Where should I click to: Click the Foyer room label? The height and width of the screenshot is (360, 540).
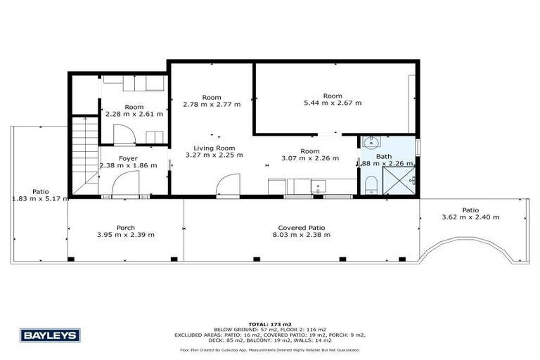click(x=128, y=158)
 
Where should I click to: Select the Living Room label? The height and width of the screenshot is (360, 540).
click(x=214, y=148)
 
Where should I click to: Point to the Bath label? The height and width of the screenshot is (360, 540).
click(x=384, y=156)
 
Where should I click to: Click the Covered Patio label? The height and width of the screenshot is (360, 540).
click(x=301, y=227)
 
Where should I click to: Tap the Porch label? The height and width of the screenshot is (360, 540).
click(x=126, y=227)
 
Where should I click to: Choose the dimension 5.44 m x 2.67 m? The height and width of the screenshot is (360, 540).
click(x=333, y=103)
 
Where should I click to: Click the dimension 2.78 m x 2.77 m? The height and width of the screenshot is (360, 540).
click(x=212, y=105)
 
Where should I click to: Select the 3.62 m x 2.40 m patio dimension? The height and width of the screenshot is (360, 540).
click(x=470, y=217)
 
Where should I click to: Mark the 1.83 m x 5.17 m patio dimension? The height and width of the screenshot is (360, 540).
click(x=40, y=199)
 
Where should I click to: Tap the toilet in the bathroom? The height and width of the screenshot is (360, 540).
click(x=371, y=186)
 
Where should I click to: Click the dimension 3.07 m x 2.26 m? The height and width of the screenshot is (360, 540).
click(x=309, y=158)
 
